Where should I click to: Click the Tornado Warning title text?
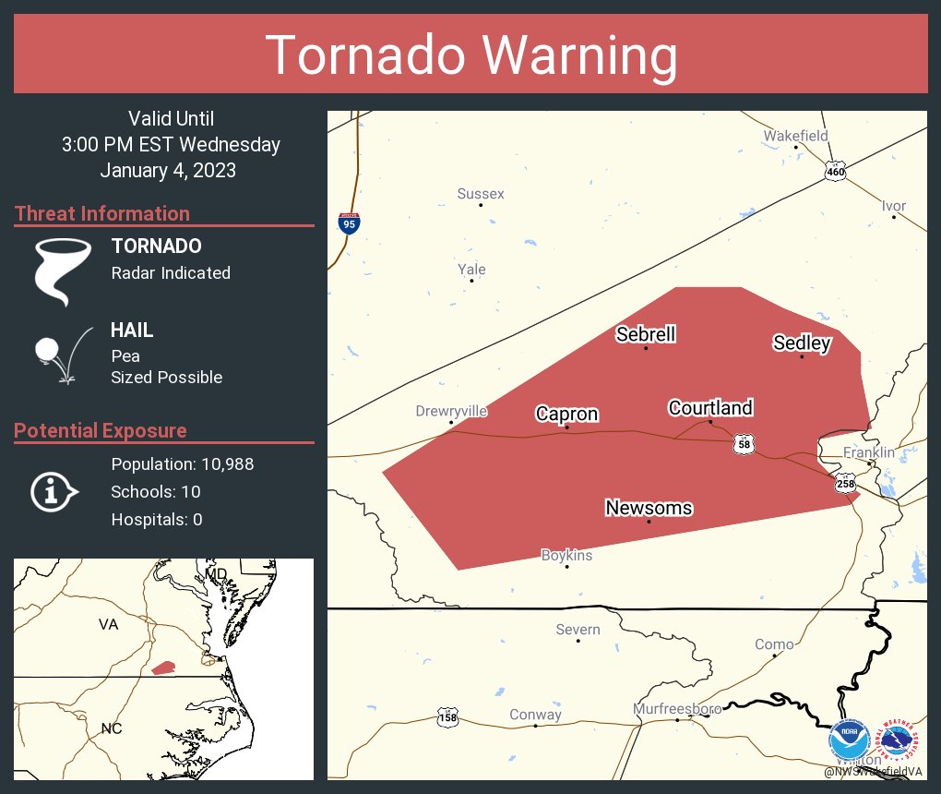pyautogui.click(x=470, y=55)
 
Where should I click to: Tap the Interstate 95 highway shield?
pyautogui.click(x=348, y=223)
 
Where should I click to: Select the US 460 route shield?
pyautogui.click(x=835, y=172)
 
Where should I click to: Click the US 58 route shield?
pyautogui.click(x=744, y=444)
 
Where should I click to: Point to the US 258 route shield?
pyautogui.click(x=845, y=483)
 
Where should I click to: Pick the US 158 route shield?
pyautogui.click(x=447, y=717)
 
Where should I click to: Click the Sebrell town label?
pyautogui.click(x=646, y=334)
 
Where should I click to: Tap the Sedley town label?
pyautogui.click(x=802, y=343)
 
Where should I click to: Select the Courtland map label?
pyautogui.click(x=710, y=407)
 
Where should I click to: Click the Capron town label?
pyautogui.click(x=566, y=415)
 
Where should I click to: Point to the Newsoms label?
pyautogui.click(x=649, y=508)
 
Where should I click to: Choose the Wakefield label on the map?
pyautogui.click(x=795, y=136)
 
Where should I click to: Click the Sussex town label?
pyautogui.click(x=481, y=194)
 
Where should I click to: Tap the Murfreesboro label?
pyautogui.click(x=677, y=709)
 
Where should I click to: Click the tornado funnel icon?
pyautogui.click(x=63, y=271)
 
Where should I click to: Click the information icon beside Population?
pyautogui.click(x=54, y=492)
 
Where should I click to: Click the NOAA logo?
pyautogui.click(x=849, y=741)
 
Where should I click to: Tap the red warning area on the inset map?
pyautogui.click(x=163, y=668)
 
